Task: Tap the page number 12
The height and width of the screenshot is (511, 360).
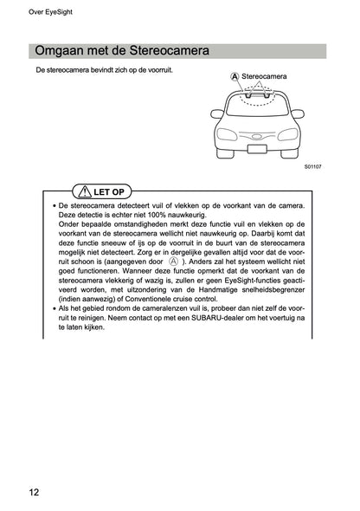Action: tap(33, 493)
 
